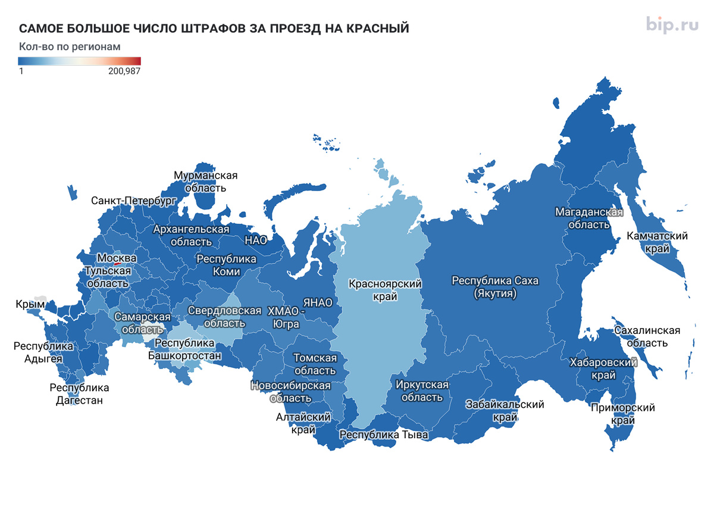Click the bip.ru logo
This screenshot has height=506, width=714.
click(672, 24)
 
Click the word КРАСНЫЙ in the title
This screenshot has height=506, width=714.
click(375, 29)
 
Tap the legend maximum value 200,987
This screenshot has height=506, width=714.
click(124, 71)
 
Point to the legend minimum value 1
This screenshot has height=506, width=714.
click(21, 71)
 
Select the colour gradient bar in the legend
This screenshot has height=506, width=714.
click(79, 61)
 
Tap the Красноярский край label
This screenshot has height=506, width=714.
click(385, 290)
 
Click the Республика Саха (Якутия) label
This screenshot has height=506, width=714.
click(484, 287)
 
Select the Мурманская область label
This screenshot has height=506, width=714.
click(205, 182)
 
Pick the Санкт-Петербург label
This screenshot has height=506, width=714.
click(134, 201)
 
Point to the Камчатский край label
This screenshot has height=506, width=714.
click(657, 242)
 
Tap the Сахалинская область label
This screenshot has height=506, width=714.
click(646, 336)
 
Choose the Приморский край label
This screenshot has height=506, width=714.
click(622, 414)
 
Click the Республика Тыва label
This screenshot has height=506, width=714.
click(384, 435)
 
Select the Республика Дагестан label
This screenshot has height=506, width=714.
click(79, 394)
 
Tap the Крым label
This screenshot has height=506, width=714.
click(30, 305)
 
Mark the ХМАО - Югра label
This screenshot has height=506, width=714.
click(285, 317)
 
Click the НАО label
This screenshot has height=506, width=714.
click(256, 240)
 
